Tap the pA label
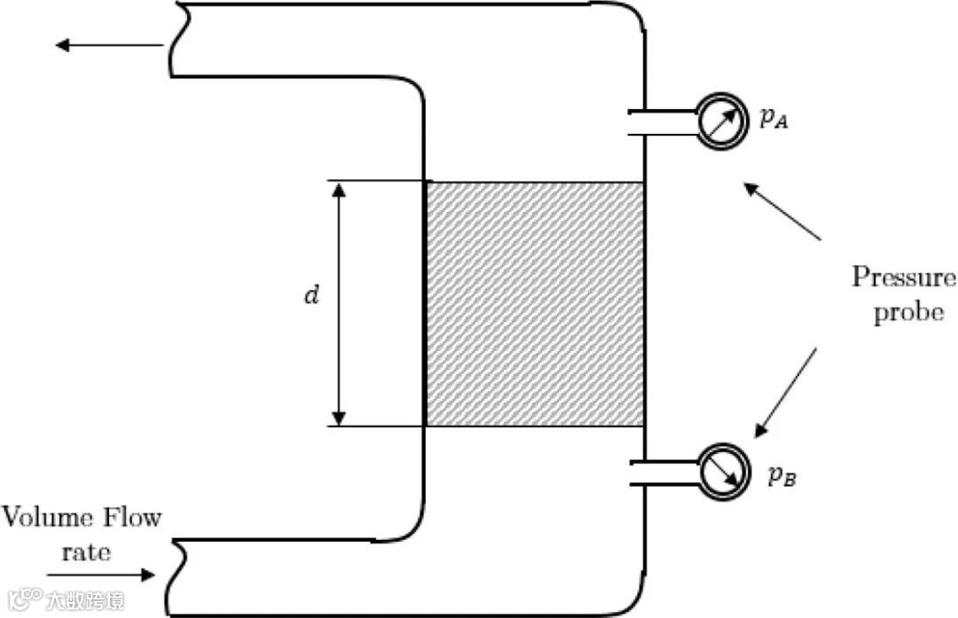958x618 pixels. click(x=773, y=120)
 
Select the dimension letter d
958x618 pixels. click(x=310, y=295)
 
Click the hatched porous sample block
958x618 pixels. click(x=535, y=303)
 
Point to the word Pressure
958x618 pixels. click(x=904, y=278)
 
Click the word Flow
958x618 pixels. click(x=133, y=517)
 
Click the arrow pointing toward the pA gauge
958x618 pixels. click(x=781, y=210)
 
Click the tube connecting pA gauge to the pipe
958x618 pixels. click(x=665, y=123)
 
